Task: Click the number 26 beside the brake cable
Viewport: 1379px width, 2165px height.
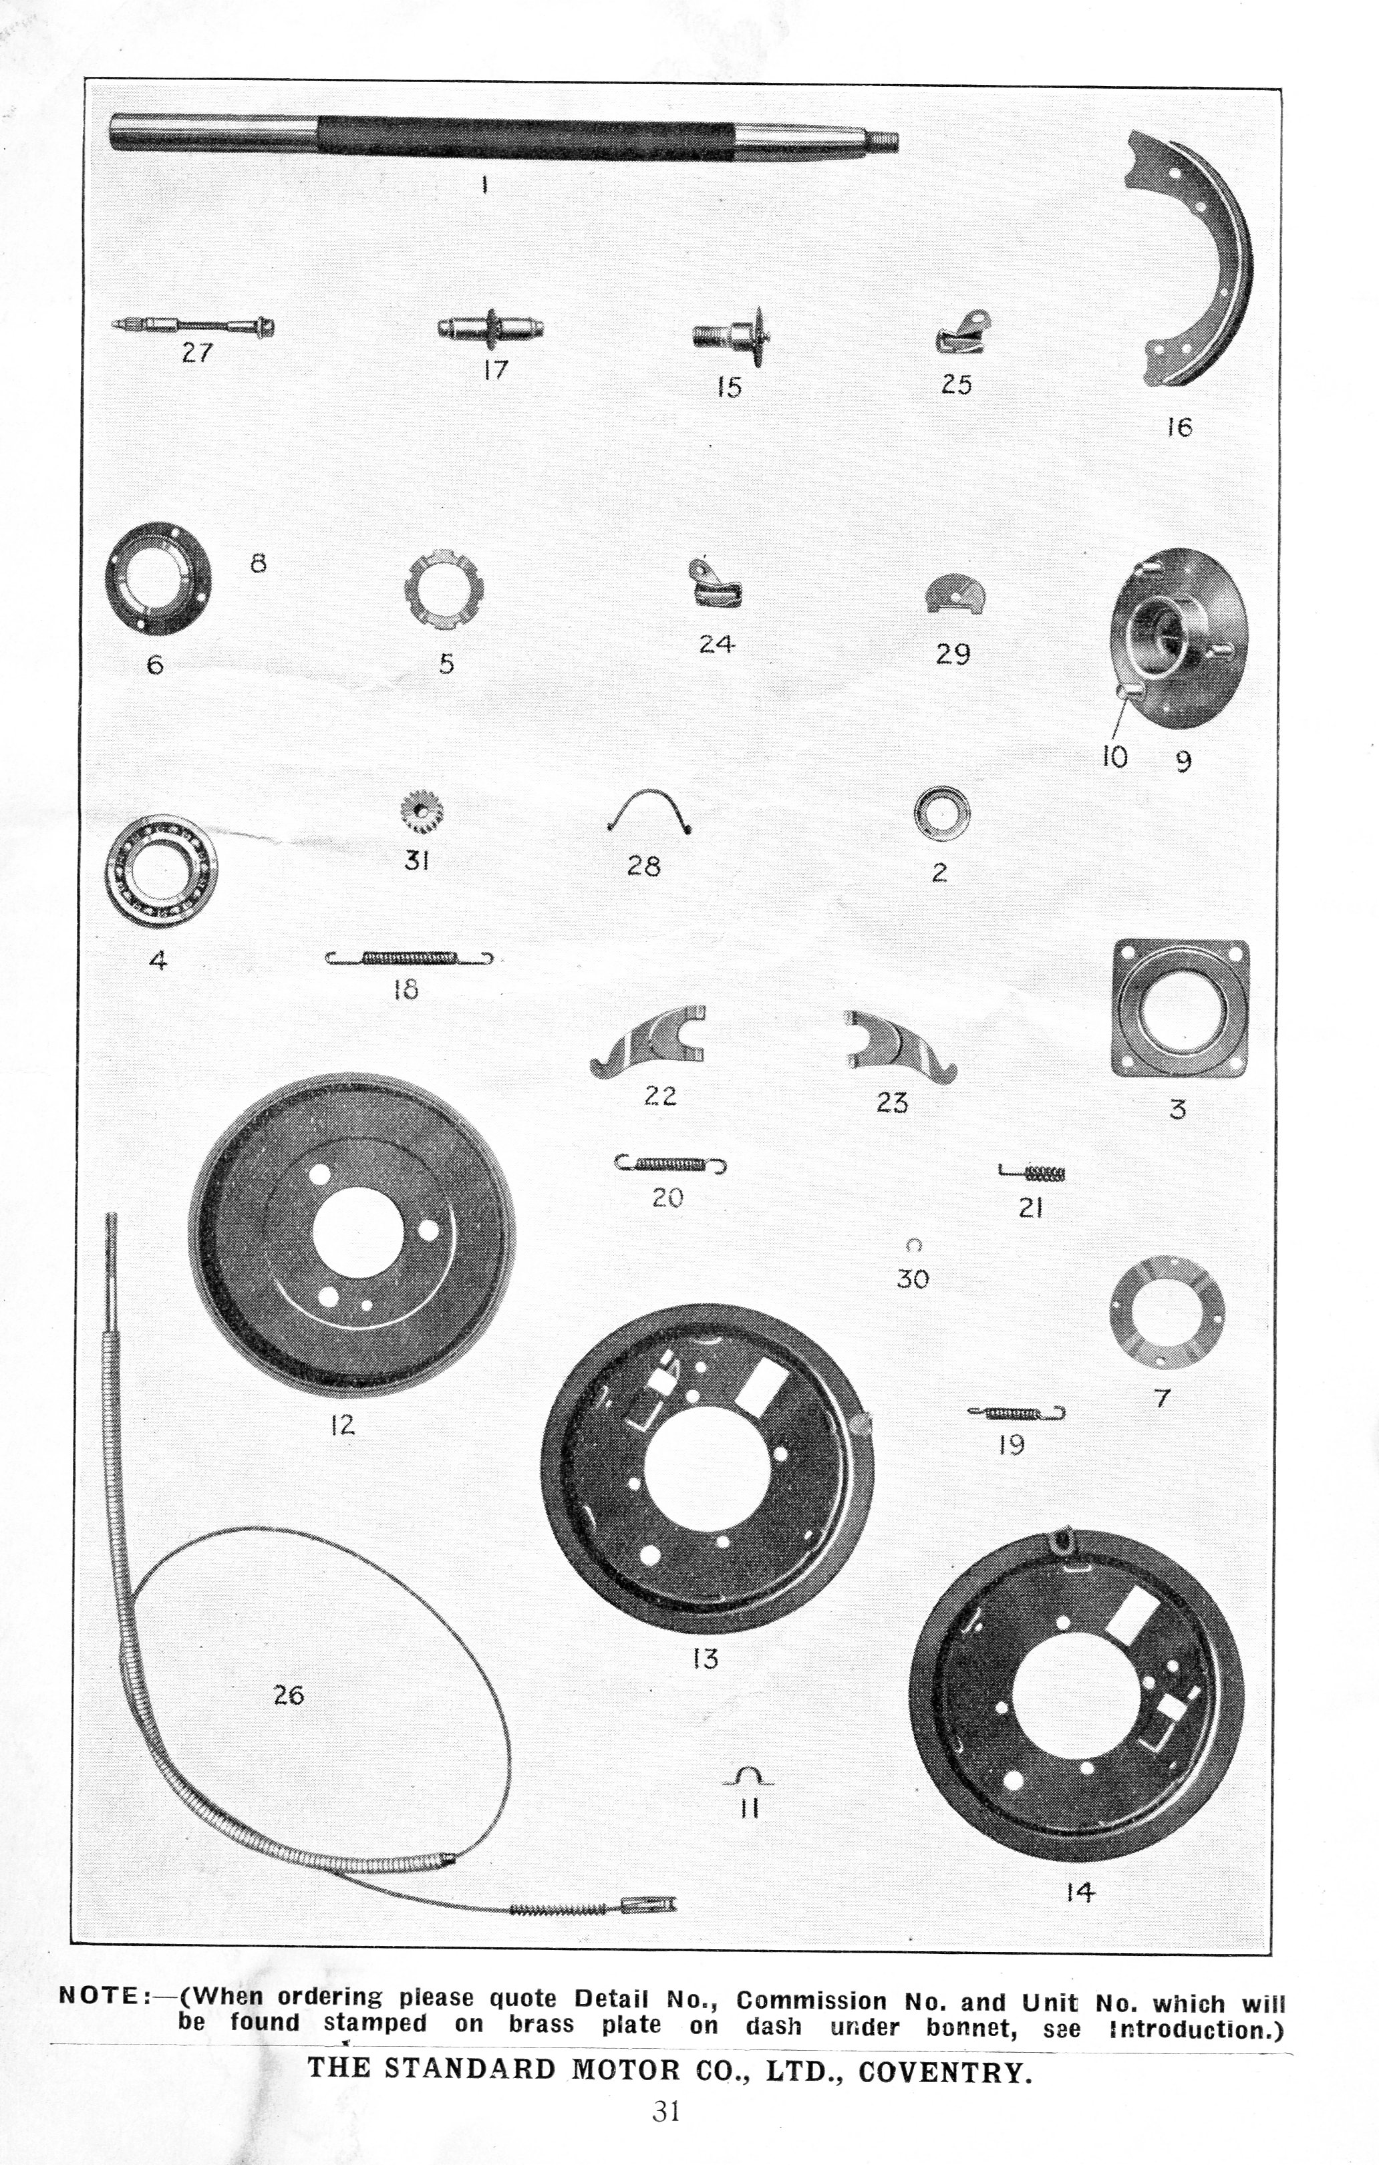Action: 289,1695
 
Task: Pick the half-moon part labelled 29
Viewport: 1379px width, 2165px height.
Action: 955,593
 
